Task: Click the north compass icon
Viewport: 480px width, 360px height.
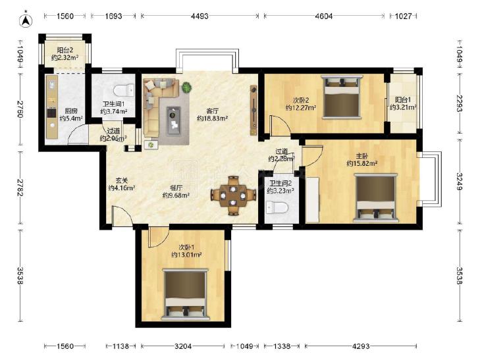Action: [26, 20]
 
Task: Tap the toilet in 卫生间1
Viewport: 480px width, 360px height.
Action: [124, 90]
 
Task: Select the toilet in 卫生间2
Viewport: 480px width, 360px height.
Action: [277, 208]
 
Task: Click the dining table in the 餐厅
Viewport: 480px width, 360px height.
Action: [233, 195]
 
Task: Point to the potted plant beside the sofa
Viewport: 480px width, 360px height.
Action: [186, 88]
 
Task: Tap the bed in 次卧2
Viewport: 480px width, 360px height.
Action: [341, 97]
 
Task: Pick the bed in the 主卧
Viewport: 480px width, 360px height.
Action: [375, 197]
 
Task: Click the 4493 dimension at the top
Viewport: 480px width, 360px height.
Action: [200, 16]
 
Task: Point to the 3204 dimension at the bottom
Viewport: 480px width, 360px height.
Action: [183, 346]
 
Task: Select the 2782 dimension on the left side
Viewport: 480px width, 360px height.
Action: [20, 187]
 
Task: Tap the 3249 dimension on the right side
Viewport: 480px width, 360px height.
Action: [460, 182]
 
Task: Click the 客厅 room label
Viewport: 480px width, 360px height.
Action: [212, 111]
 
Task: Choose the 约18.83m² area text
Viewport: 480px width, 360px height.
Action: [212, 118]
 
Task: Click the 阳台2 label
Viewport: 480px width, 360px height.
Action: [65, 50]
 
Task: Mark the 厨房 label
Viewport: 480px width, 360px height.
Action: [71, 111]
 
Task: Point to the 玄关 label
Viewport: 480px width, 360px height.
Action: [122, 180]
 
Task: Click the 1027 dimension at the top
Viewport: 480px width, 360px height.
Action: [403, 16]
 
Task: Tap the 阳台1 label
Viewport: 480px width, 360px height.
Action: [403, 100]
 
